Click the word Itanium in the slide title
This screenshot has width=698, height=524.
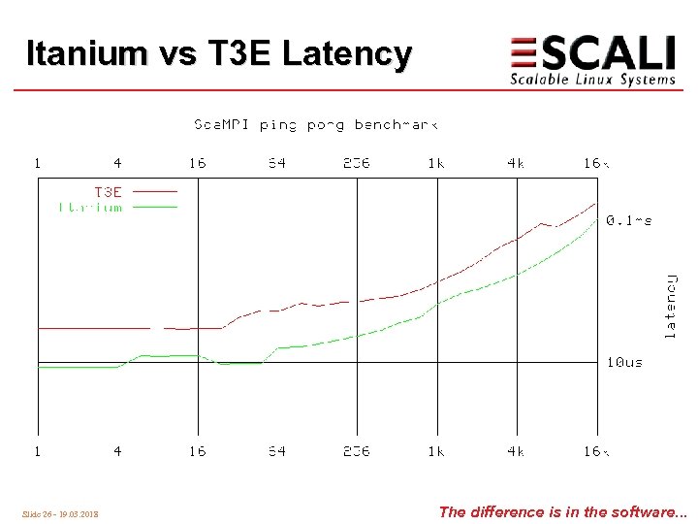85,53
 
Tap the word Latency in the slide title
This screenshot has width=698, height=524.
346,54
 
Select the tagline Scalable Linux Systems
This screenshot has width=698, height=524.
592,80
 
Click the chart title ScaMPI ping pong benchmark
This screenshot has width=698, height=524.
316,125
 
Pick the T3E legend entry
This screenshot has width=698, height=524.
108,192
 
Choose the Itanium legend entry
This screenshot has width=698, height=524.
91,207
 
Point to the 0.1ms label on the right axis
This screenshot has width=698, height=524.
628,220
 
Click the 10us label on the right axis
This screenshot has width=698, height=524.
624,362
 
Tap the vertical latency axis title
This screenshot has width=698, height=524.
670,305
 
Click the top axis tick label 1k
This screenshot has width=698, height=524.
436,163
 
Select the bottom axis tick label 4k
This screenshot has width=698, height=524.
516,451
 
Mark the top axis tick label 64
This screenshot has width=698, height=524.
277,163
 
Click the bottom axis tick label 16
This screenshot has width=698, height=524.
198,451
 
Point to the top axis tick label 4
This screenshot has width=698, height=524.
117,163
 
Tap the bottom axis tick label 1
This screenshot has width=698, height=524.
38,451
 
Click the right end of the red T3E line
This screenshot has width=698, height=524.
594,204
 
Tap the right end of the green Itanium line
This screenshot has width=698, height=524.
594,219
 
